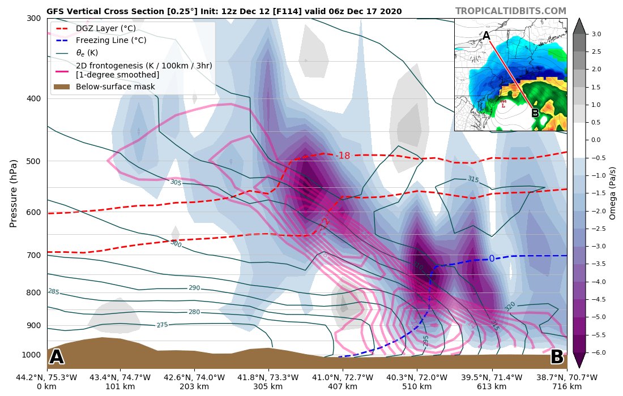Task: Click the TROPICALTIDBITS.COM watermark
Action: point(510,11)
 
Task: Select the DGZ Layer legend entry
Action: point(110,28)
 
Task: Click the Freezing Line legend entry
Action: point(110,40)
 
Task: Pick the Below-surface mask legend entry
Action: point(115,87)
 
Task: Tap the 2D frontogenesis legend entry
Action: point(144,70)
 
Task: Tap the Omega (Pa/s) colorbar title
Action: point(612,193)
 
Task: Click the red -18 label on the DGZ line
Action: point(343,156)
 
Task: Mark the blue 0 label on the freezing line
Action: point(492,259)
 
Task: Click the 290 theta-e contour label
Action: point(194,288)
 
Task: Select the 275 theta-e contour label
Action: point(163,325)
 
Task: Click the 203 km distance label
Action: point(194,386)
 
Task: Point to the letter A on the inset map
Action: point(486,36)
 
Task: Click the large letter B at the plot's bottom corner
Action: point(557,357)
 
